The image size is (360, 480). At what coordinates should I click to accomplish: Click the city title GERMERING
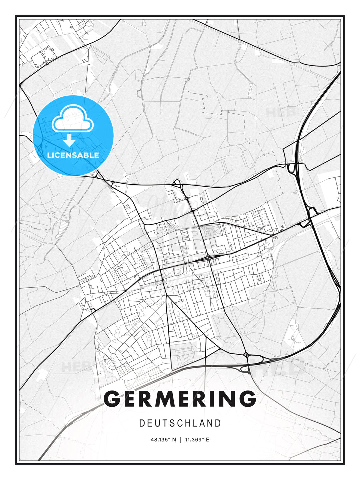pos(180,399)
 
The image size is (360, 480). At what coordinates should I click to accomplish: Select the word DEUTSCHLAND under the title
pos(180,423)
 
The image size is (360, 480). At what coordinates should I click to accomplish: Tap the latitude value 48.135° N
pos(163,440)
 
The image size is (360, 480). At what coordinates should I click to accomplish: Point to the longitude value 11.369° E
pos(197,440)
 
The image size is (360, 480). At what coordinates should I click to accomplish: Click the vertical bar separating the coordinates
pos(180,440)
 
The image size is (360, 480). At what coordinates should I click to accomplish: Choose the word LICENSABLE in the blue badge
pos(73,155)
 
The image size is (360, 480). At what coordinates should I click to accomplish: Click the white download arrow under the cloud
pos(69,140)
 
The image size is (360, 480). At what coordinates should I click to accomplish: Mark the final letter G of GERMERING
pos(247,399)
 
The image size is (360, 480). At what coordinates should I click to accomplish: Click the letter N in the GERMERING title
pos(227,399)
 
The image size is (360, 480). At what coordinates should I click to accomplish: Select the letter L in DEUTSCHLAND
pos(195,423)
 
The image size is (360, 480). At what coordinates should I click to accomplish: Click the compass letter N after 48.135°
pos(174,440)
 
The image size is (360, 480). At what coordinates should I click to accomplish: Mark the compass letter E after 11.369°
pos(208,440)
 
